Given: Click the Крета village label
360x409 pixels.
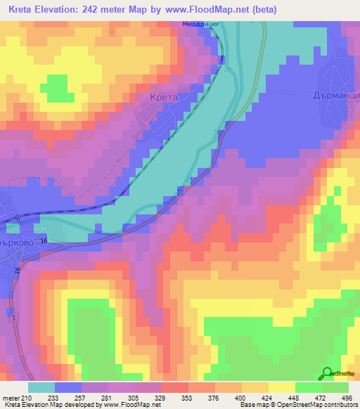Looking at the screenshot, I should (x=164, y=98).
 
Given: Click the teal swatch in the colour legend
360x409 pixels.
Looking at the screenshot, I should (x=41, y=387).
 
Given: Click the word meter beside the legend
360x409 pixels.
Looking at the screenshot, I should (x=10, y=398).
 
